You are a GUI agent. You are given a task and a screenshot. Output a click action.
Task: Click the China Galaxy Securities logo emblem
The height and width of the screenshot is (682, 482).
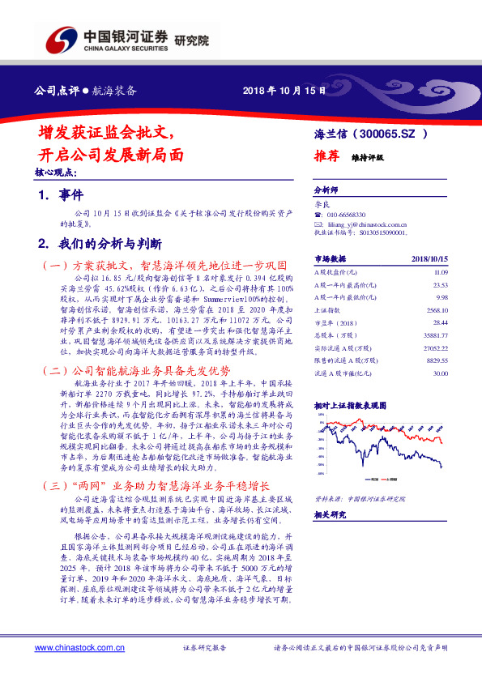[x=62, y=39]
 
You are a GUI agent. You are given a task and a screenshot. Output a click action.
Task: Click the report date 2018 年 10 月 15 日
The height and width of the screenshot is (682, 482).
[x=284, y=90]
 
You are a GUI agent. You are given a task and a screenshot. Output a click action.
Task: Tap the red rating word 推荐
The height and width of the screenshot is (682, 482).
[x=326, y=159]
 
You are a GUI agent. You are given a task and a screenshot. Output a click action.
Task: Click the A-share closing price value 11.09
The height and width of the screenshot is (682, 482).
[x=440, y=275]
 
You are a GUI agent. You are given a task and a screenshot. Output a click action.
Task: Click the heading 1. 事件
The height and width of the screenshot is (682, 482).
[x=61, y=195]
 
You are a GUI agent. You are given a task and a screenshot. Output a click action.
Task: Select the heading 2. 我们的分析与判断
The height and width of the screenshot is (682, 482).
[x=100, y=243]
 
